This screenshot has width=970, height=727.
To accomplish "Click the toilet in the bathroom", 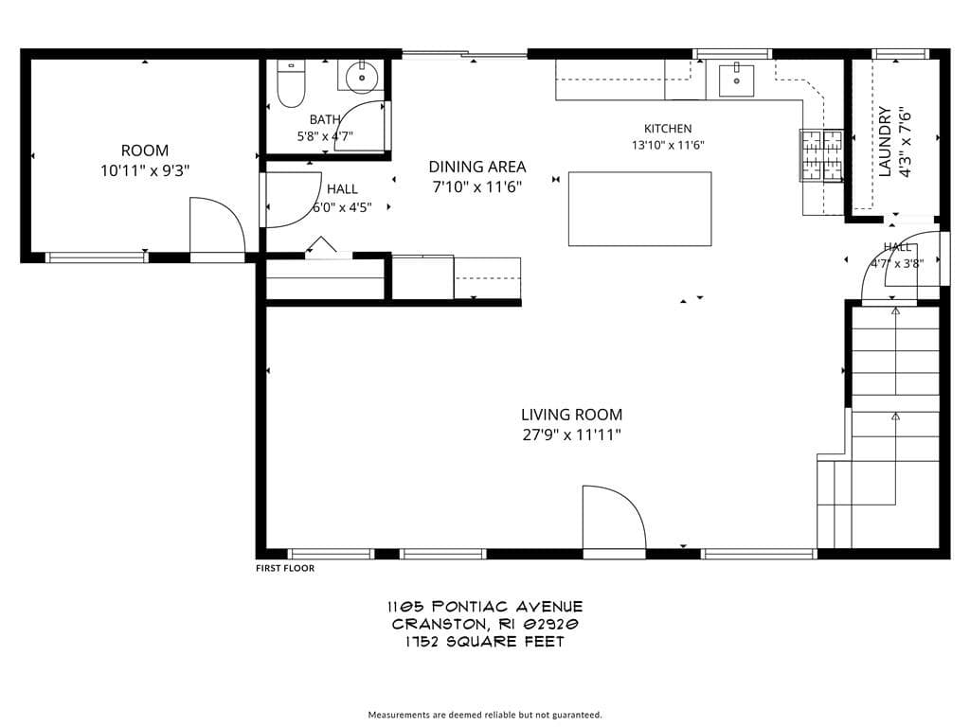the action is coord(291,84).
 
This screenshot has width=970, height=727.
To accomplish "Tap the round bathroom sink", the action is coord(362,79).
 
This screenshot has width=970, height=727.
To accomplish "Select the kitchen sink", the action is coord(736,80).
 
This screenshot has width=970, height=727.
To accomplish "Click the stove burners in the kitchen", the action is coord(821,155).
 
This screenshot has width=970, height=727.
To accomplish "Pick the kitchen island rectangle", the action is coord(639,209).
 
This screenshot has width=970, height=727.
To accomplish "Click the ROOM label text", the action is coord(145,151).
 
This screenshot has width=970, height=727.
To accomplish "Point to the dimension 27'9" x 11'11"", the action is coord(571,434).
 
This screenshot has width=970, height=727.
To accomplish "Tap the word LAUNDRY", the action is coord(886,142).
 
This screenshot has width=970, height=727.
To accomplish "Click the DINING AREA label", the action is coord(477,167).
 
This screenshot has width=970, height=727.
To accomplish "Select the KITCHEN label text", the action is coord(668,129).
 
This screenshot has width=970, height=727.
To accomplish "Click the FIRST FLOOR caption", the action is coord(285,568).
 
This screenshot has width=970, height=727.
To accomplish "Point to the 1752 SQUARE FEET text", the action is coord(485,642).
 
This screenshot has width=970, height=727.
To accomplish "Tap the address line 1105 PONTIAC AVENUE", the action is coord(485,607).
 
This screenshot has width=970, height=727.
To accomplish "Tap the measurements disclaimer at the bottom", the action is coord(485,715).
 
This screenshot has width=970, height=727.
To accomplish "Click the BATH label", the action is coord(325,119).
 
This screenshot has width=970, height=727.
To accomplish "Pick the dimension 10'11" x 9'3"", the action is coord(145,170).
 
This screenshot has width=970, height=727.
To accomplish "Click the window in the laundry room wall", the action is coord(900,54).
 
